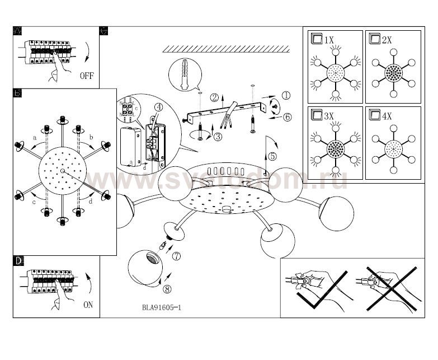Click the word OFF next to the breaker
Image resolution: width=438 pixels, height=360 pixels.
coord(87,75)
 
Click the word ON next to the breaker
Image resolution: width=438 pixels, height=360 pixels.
coord(88,305)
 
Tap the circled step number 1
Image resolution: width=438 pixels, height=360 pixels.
coord(286,96)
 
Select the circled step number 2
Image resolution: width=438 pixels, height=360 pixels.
coord(214,97)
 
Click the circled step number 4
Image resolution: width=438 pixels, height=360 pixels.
coord(159,107)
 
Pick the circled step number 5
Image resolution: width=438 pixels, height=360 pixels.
coord(272,156)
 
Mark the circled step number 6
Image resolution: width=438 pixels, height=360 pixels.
coord(287,117)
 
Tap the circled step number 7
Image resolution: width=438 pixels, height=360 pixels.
coord(177,257)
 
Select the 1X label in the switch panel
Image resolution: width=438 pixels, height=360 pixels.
coord(328,39)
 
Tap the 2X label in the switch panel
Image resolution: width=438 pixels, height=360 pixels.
coord(386,39)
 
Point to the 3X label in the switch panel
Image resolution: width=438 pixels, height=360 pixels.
coord(328,116)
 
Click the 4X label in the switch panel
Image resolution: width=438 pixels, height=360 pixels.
coord(386,116)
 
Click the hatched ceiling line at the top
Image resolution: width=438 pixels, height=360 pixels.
coord(225,49)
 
